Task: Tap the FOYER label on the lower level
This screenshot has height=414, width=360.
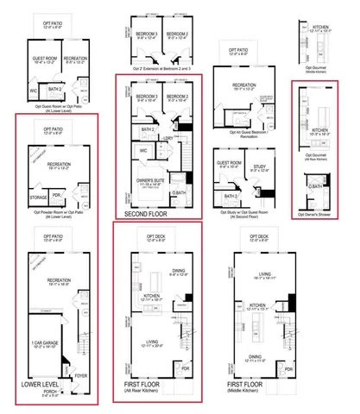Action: (x=81, y=375)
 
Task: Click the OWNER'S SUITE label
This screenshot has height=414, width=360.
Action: (x=149, y=182)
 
